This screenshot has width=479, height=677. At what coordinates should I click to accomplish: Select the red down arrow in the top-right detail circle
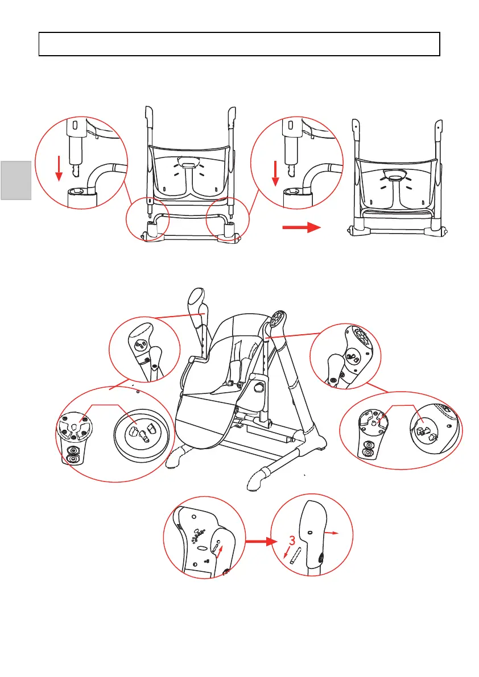[275, 173]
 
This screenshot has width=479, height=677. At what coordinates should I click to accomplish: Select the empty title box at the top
[239, 44]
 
